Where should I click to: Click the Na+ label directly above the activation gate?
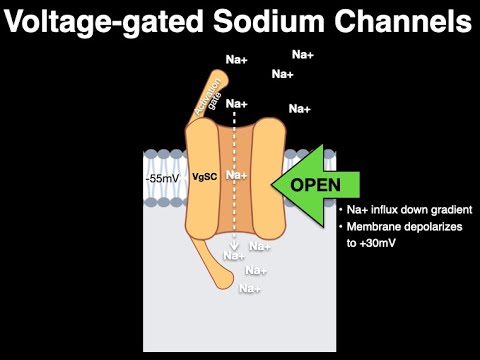click(x=237, y=61)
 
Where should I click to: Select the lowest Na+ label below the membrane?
click(x=250, y=290)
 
